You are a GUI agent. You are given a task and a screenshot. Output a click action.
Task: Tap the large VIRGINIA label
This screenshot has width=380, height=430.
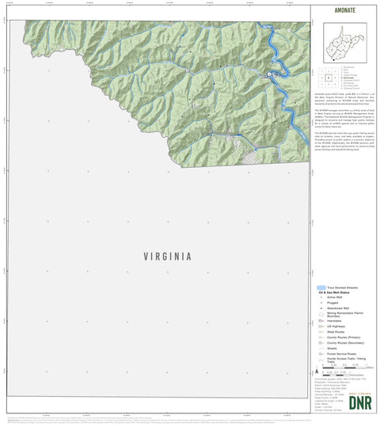point(167,257)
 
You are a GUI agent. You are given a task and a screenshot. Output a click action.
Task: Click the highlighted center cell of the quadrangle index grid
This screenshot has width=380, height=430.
point(327,78)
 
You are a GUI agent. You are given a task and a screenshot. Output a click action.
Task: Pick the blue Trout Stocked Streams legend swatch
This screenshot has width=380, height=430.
point(320,288)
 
